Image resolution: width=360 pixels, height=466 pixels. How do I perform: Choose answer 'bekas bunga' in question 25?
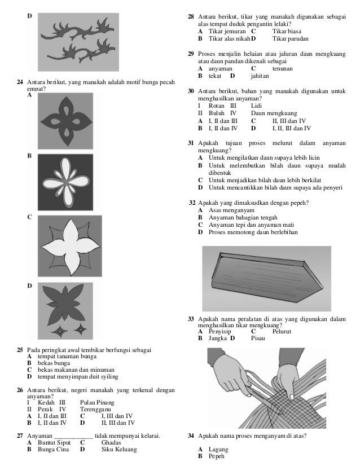pyautogui.click(x=51, y=364)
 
